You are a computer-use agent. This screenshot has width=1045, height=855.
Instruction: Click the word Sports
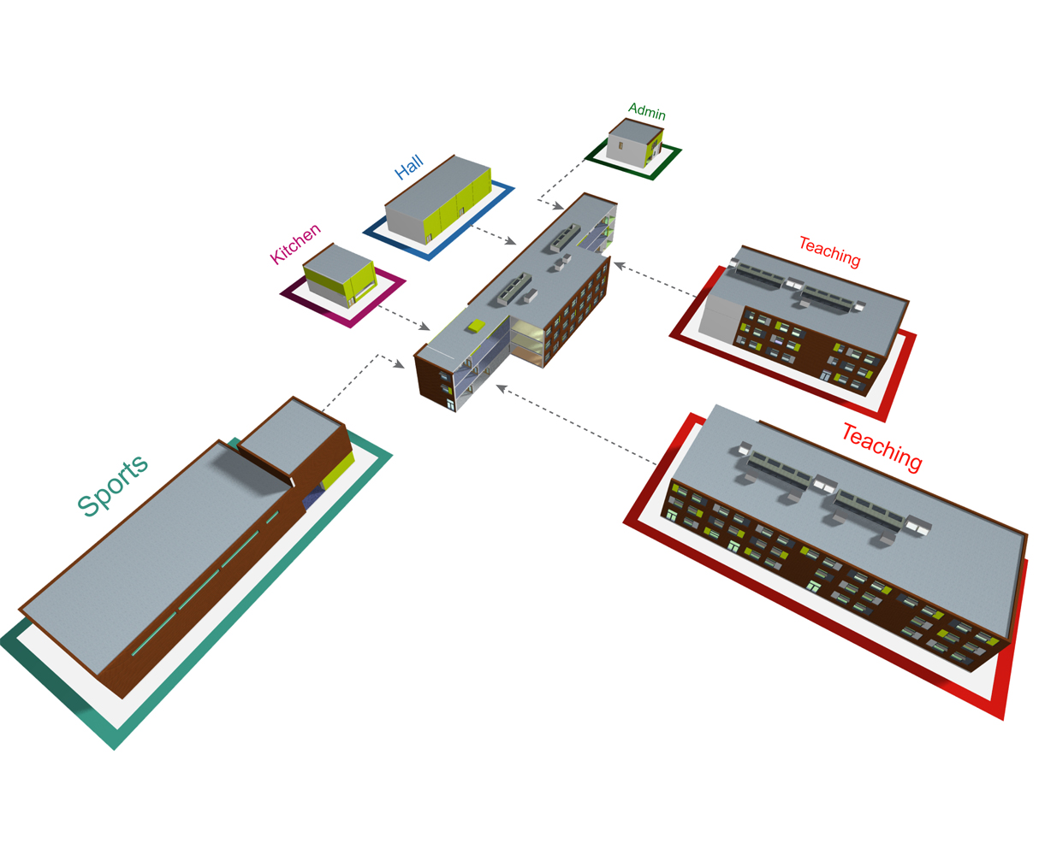pyautogui.click(x=113, y=485)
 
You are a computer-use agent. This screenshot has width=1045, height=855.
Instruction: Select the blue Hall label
pyautogui.click(x=409, y=168)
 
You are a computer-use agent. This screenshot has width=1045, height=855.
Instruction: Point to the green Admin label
pyautogui.click(x=647, y=111)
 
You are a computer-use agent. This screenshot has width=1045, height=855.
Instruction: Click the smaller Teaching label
pyautogui.click(x=829, y=251)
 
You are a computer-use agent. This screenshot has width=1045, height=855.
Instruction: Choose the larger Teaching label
pyautogui.click(x=882, y=445)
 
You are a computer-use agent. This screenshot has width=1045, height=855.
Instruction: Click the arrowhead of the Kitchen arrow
pyautogui.click(x=425, y=327)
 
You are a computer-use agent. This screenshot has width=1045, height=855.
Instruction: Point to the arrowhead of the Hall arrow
pyautogui.click(x=511, y=242)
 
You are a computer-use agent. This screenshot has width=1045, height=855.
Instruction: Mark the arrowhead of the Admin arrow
pyautogui.click(x=559, y=207)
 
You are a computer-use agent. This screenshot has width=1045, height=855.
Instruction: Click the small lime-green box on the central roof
pyautogui.click(x=476, y=325)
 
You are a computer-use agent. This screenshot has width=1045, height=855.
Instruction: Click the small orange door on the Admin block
pyautogui.click(x=621, y=145)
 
